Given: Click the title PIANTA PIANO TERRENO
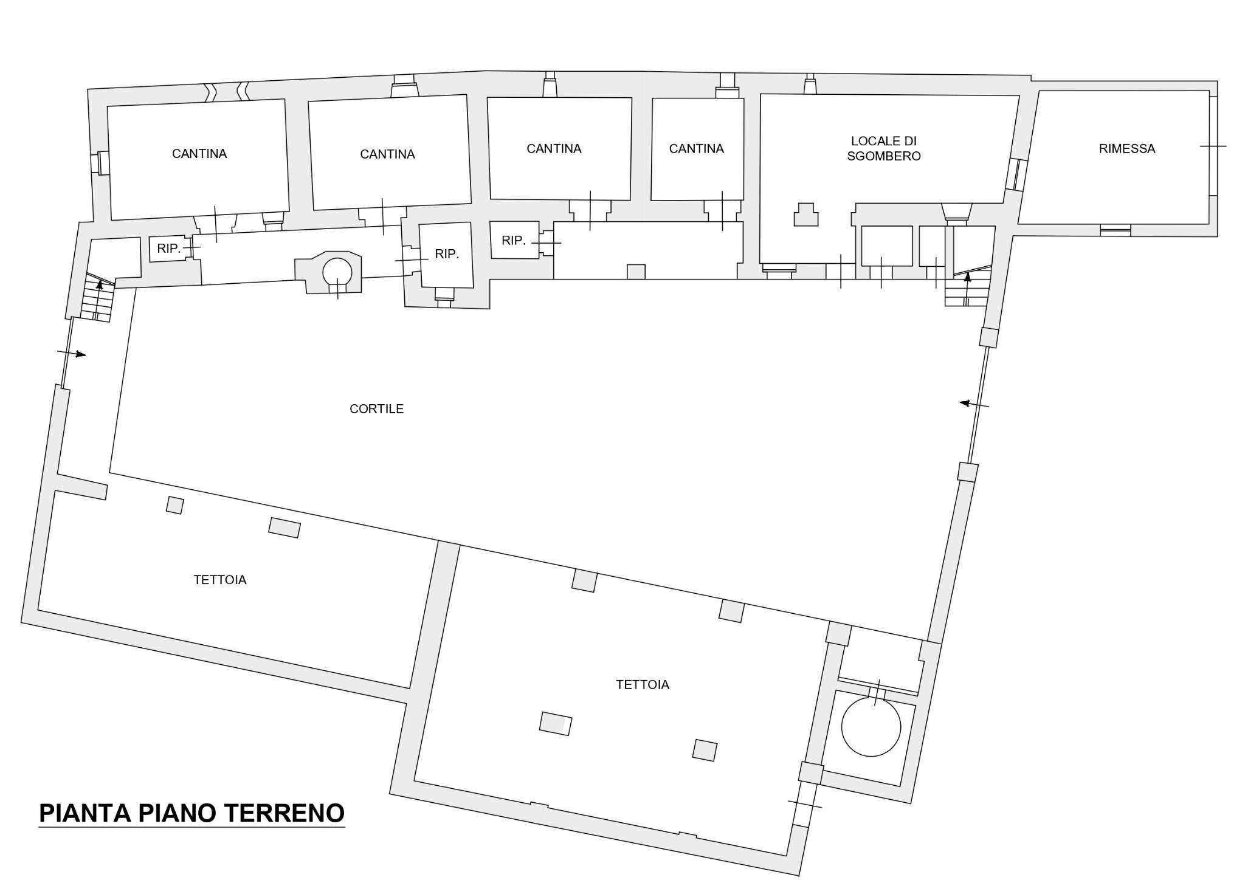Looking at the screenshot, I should pyautogui.click(x=191, y=813).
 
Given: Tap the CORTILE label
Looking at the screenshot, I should pyautogui.click(x=376, y=409).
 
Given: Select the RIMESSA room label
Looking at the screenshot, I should pyautogui.click(x=1126, y=149).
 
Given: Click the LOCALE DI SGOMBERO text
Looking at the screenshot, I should pyautogui.click(x=883, y=149).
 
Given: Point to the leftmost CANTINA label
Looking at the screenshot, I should pyautogui.click(x=199, y=154).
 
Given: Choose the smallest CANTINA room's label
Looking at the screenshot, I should pyautogui.click(x=696, y=149).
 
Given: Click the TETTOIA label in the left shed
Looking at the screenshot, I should pyautogui.click(x=219, y=580).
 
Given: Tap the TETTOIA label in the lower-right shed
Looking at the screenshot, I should pyautogui.click(x=642, y=685).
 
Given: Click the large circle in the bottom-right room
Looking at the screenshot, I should pyautogui.click(x=871, y=727).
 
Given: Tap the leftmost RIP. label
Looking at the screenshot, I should pyautogui.click(x=168, y=249).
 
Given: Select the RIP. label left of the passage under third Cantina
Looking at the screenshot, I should pyautogui.click(x=513, y=241).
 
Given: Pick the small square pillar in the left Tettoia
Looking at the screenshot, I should pyautogui.click(x=175, y=505).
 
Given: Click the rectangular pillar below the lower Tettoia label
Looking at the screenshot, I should pyautogui.click(x=555, y=723).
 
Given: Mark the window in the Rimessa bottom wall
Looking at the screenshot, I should pyautogui.click(x=1115, y=230).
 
